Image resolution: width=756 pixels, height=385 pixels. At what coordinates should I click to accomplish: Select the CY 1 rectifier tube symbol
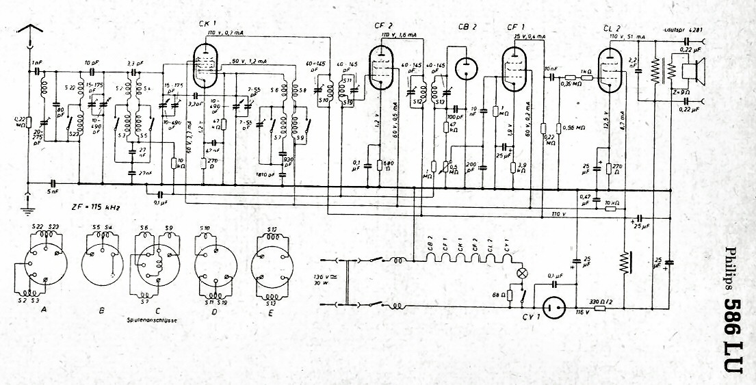[x=553, y=308]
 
